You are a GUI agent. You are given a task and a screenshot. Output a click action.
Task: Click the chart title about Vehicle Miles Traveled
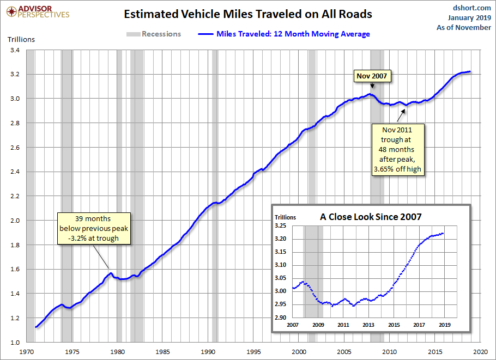[248, 14]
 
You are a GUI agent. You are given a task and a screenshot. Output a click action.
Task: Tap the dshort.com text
[473, 8]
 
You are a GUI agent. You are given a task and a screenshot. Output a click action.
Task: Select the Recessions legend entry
[153, 34]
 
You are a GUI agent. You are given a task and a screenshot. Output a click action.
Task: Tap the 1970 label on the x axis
[27, 352]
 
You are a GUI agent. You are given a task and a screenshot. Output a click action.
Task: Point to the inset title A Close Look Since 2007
[371, 217]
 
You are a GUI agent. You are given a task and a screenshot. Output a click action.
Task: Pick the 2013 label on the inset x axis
[368, 325]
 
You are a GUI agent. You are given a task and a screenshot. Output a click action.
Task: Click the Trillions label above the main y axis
[21, 39]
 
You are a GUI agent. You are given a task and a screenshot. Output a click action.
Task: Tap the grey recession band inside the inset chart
[313, 272]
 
